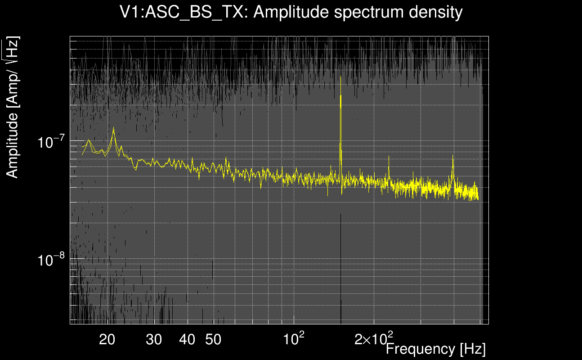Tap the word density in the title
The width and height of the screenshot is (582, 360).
(435, 12)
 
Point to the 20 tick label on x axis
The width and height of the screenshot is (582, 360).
(107, 340)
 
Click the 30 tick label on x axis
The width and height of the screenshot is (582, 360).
(154, 340)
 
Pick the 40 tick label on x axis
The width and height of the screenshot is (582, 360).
(187, 340)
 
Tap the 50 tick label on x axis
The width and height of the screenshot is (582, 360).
(213, 340)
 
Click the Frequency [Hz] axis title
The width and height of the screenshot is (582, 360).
(435, 349)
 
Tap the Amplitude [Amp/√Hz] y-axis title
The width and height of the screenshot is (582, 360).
(13, 108)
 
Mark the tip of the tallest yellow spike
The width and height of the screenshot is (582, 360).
(341, 95)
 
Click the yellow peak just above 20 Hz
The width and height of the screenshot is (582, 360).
(114, 128)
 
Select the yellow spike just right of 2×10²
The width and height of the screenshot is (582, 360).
(389, 157)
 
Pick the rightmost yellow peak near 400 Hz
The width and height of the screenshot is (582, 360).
(453, 156)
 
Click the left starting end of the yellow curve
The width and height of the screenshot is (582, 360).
(82, 155)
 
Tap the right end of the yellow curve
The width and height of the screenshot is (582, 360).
(478, 198)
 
